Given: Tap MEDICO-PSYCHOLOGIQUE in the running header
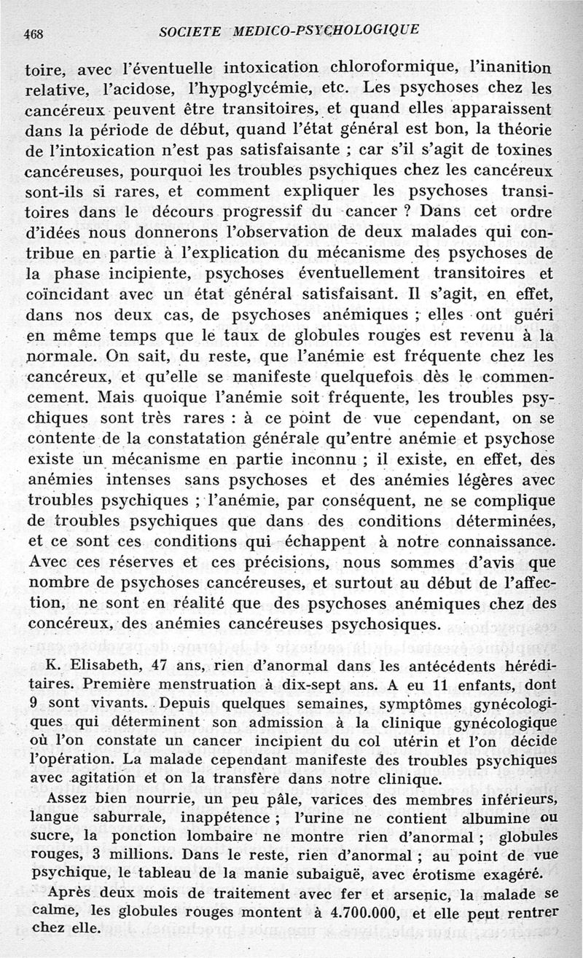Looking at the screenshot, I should point(326,30).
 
